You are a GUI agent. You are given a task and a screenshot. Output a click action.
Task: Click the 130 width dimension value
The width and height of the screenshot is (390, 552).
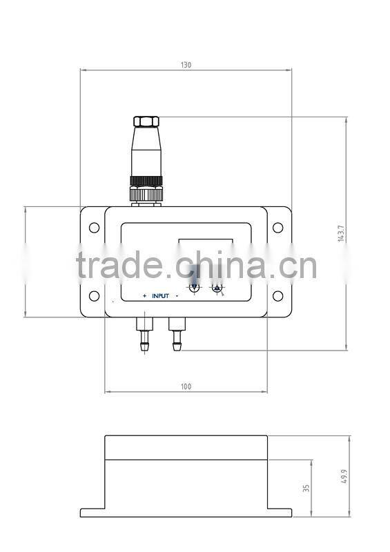coord(186,65)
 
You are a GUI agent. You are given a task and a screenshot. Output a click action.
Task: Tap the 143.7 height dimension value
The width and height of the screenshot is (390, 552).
coord(341,233)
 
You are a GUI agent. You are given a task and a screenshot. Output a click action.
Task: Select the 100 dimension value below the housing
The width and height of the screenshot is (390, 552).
coord(186,386)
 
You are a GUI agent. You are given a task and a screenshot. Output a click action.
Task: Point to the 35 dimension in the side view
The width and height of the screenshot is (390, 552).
coord(306,488)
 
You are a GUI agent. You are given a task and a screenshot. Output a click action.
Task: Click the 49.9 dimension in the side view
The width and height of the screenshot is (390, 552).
coord(344,476)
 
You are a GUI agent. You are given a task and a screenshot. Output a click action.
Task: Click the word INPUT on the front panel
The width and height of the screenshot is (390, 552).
coord(160,296)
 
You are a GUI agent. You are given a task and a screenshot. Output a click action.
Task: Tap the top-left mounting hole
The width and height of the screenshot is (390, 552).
coord(93,227)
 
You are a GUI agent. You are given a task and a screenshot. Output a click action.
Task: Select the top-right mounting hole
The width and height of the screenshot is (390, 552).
coord(277,227)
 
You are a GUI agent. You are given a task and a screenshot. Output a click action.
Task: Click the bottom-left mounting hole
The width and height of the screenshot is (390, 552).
coord(93,296)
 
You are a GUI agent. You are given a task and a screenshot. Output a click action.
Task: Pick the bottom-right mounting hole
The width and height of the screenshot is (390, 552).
coord(277,296)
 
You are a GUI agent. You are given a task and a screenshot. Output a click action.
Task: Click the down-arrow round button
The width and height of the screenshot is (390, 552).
coord(195,288)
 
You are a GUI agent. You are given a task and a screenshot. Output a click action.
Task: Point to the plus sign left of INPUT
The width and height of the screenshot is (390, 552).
coord(144,296)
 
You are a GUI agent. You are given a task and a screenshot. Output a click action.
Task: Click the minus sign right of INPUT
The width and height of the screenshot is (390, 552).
coord(177,296)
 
